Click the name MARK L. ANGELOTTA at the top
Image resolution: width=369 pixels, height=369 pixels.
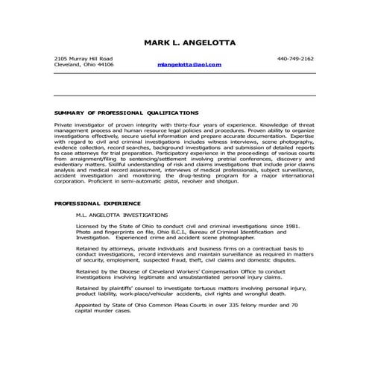pos(189,42)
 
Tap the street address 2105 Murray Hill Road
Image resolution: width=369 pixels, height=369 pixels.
pos(84,58)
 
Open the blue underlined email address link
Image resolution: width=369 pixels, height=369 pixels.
pos(189,66)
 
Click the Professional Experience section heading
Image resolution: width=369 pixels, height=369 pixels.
pos(97,203)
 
